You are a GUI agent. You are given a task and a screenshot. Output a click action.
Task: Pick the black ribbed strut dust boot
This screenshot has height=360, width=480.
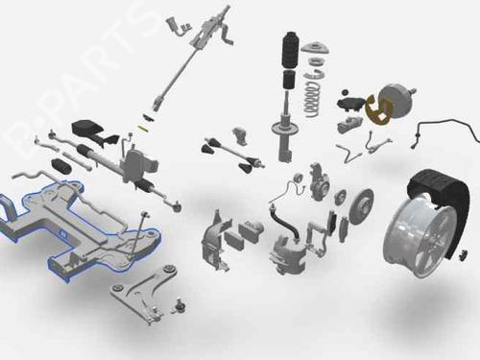pos(291,50)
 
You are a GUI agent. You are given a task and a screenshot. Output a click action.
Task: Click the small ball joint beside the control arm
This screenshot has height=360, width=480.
pos(180,305)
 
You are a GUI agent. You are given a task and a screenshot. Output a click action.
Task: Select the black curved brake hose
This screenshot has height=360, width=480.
pos(284,223)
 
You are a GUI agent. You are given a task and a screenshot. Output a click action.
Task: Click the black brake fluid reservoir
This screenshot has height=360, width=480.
pos(350,104)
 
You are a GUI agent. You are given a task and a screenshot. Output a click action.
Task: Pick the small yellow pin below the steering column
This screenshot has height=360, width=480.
pos(143,128)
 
